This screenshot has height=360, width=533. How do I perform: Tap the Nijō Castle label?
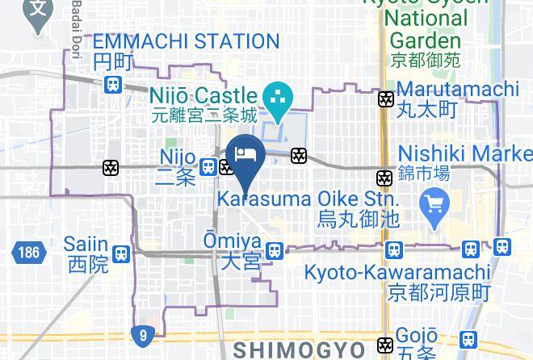[x=203, y=106]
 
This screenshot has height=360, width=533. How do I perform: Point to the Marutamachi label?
[x=458, y=97]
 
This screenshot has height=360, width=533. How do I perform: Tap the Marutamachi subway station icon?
[x=387, y=98]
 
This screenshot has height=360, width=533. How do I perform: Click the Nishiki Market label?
[x=464, y=161]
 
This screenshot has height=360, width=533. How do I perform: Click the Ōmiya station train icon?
[x=274, y=250]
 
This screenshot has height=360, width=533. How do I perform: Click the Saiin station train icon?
[x=121, y=253]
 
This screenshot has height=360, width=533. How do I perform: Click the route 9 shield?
[x=141, y=333]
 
